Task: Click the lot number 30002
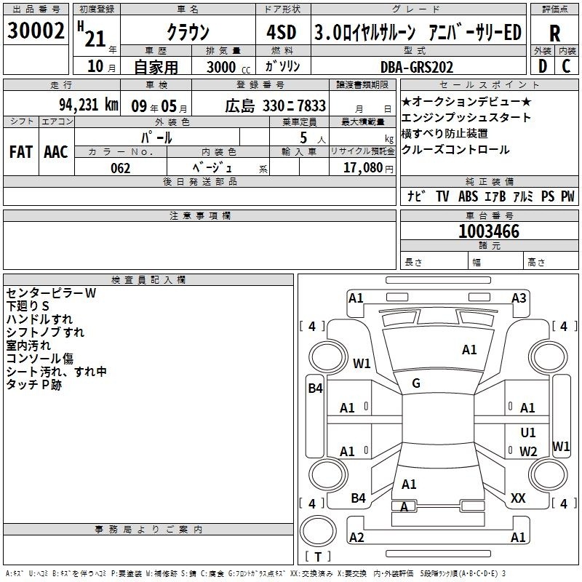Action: tap(36, 30)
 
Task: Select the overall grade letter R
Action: tap(554, 33)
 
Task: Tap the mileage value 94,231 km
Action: tap(89, 105)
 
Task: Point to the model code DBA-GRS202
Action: tap(417, 67)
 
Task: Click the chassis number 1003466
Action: tap(489, 231)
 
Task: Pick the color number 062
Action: tap(121, 168)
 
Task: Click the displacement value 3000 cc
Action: tap(228, 67)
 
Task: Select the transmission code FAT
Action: tap(21, 152)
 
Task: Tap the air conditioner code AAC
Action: tap(56, 152)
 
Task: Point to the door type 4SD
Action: tap(282, 32)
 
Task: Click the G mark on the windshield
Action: tap(416, 383)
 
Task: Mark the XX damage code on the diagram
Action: tap(518, 498)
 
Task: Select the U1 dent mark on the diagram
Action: tap(528, 432)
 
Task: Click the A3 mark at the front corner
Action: tap(519, 298)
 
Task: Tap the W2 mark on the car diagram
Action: tap(528, 451)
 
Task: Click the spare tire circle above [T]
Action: tap(318, 530)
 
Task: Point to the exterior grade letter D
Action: tap(543, 66)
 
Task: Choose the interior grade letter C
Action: tap(566, 66)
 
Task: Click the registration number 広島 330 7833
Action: tap(276, 106)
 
